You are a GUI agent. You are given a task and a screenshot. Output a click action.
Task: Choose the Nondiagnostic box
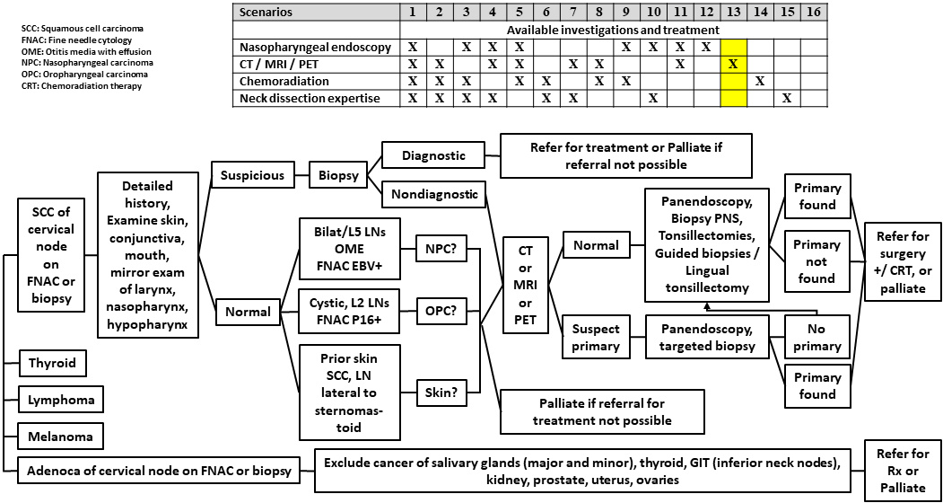[x=434, y=193]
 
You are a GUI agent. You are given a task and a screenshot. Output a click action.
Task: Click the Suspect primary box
[x=596, y=336]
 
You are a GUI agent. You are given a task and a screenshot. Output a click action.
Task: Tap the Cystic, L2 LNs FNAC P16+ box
[x=345, y=312]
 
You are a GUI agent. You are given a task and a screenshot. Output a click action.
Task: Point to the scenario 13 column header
[x=733, y=13]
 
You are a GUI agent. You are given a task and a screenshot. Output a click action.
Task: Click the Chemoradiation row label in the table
[x=284, y=81]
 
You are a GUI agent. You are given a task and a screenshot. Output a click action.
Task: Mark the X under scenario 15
[x=786, y=98]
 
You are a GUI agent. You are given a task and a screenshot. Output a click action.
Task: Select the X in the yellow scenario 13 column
[x=733, y=64]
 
